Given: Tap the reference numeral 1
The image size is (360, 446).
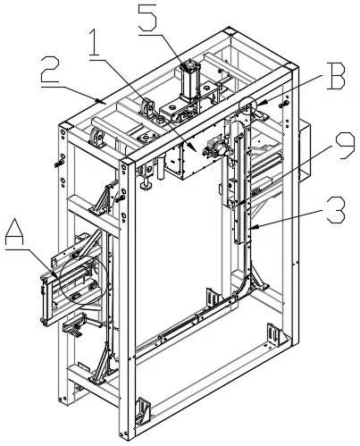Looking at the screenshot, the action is click(95, 42).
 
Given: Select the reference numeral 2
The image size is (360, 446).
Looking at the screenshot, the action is click(51, 70).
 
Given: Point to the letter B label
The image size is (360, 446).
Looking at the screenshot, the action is click(335, 76).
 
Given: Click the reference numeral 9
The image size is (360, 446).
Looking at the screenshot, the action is click(346, 147).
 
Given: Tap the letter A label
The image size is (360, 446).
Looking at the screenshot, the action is click(15, 232).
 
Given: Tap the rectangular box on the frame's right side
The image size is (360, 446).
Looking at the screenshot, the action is click(305, 149).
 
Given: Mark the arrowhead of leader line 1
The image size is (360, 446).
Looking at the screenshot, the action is click(194, 149).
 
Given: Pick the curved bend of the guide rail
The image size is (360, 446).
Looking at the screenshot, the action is click(246, 285).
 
